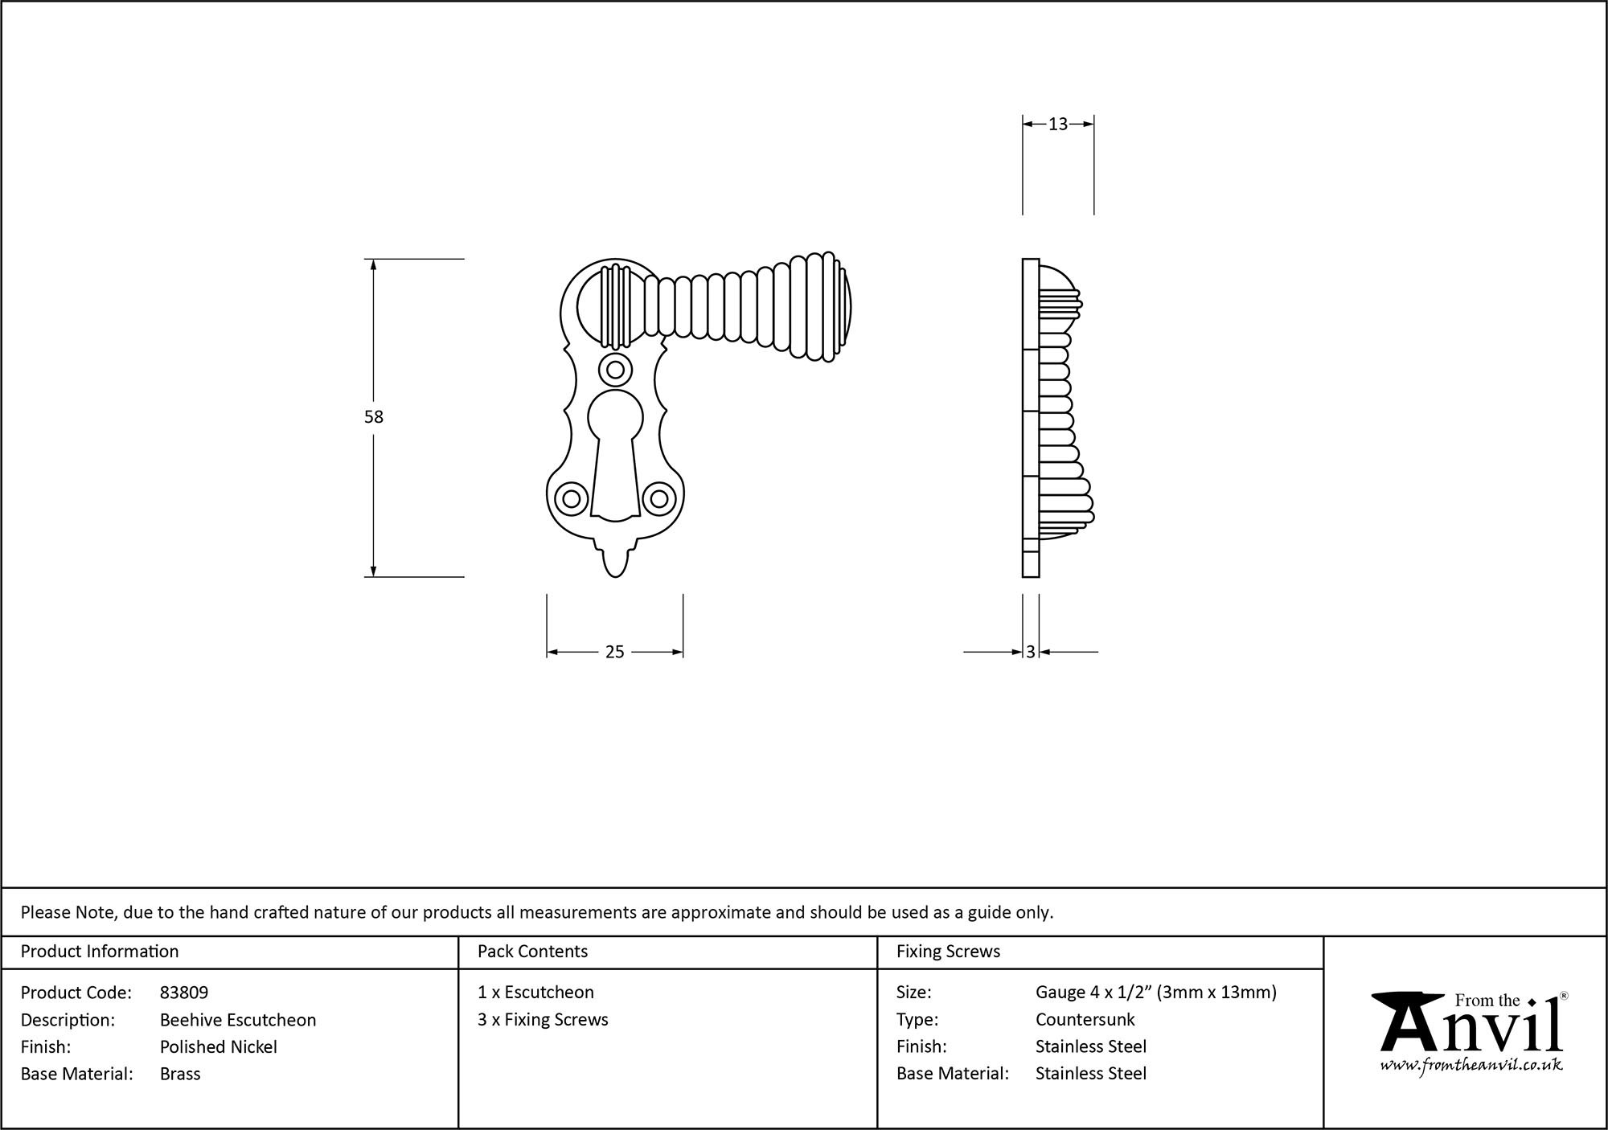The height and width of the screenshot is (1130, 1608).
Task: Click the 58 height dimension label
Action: click(x=374, y=417)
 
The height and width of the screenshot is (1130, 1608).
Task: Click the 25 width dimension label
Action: click(x=614, y=653)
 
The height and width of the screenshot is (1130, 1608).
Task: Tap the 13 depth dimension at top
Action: click(x=1058, y=125)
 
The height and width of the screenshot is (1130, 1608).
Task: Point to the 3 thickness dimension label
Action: click(x=1031, y=653)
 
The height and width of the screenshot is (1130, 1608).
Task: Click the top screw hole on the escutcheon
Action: click(x=615, y=370)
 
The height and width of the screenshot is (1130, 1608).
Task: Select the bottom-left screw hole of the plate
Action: click(x=572, y=499)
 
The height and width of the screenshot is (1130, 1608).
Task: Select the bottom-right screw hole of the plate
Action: click(x=658, y=499)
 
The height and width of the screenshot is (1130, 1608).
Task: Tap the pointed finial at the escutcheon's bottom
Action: click(x=615, y=562)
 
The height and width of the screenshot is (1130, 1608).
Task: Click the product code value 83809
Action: click(x=184, y=993)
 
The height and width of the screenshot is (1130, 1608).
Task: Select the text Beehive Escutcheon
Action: click(x=238, y=1020)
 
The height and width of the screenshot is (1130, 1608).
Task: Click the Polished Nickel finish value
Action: click(x=219, y=1047)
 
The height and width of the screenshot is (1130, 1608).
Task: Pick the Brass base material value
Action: click(x=180, y=1074)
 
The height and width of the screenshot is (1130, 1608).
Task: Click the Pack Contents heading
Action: click(x=532, y=952)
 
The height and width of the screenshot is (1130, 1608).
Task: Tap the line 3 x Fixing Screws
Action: click(x=543, y=1020)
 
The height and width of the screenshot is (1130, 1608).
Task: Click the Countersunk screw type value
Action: click(x=1085, y=1020)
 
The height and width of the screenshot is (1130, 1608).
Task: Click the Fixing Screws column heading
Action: click(x=948, y=952)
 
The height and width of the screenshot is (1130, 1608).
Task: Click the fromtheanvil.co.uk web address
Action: click(x=1471, y=1066)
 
